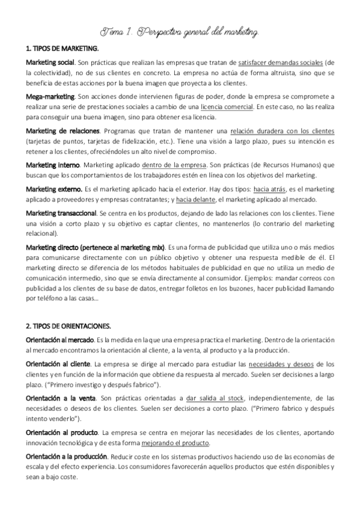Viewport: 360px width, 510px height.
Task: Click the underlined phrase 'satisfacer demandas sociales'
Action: (280, 62)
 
